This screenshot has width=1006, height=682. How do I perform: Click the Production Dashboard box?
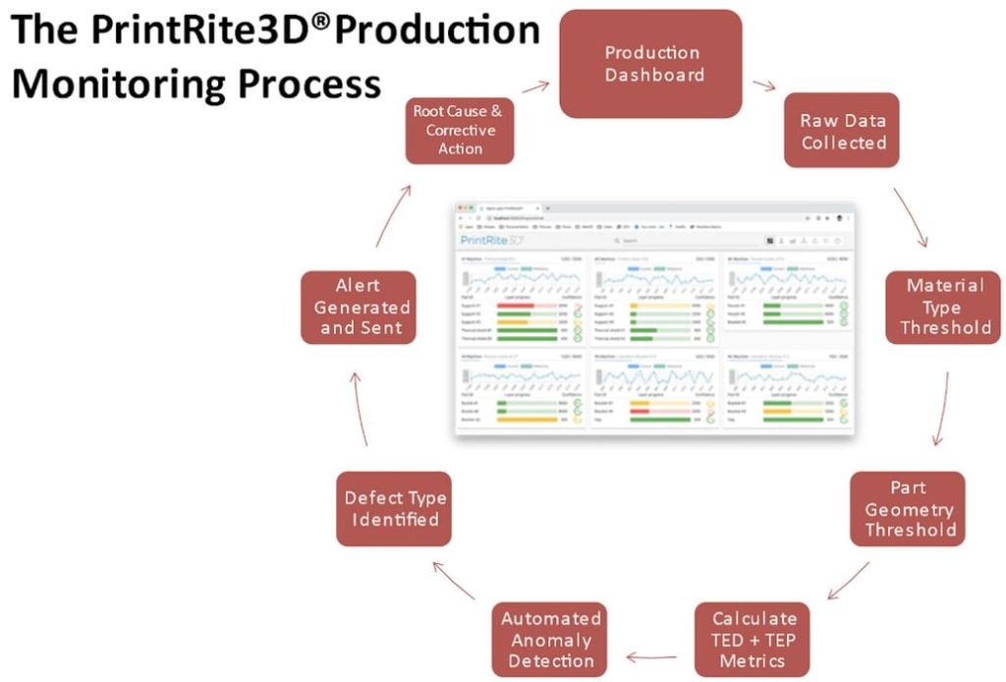pos(650,64)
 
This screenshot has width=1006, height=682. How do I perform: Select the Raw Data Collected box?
pos(843,131)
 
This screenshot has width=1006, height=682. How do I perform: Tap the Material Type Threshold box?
pos(944,306)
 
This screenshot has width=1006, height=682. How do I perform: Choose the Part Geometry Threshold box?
pos(908,509)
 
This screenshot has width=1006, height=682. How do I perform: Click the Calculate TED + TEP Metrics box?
pos(754,640)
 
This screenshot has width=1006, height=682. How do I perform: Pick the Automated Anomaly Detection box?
pos(549,640)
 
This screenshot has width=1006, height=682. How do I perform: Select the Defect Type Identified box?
pos(394,508)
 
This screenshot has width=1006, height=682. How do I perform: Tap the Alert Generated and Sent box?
pos(359,307)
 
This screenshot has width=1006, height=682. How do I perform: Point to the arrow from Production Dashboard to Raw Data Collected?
pos(764,85)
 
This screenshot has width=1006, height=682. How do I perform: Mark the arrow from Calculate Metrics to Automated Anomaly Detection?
pos(651,656)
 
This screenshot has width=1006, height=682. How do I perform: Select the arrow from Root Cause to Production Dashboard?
pos(536,87)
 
